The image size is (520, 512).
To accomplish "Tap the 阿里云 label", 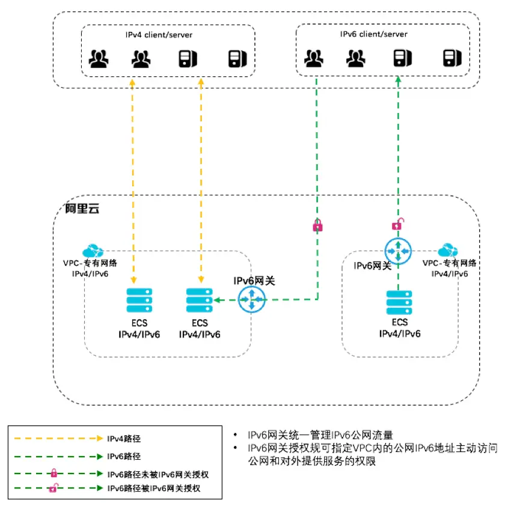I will pyautogui.click(x=81, y=209).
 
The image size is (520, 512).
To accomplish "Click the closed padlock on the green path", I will pyautogui.click(x=317, y=226).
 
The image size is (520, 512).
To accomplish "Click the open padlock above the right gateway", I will pyautogui.click(x=397, y=225).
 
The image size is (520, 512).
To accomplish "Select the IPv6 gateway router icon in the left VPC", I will pyautogui.click(x=251, y=299).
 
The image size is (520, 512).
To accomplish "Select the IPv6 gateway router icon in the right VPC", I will pyautogui.click(x=398, y=251).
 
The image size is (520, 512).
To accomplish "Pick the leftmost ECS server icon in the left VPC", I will pyautogui.click(x=139, y=300).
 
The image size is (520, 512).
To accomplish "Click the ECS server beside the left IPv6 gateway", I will pyautogui.click(x=199, y=300).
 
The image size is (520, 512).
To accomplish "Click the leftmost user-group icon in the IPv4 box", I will pyautogui.click(x=97, y=58).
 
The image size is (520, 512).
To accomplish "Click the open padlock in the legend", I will pyautogui.click(x=52, y=488).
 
